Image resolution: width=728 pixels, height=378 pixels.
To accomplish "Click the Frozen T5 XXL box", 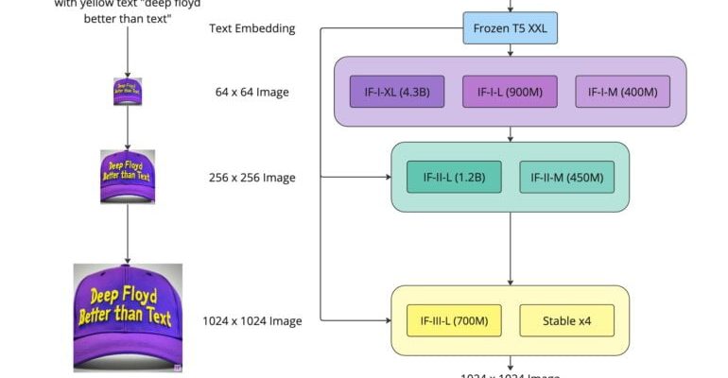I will (511, 28).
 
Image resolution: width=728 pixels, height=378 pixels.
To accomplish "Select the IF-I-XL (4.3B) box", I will (397, 92).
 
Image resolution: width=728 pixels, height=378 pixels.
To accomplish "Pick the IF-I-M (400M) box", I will (623, 92).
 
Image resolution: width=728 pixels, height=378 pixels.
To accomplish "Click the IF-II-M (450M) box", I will (567, 177).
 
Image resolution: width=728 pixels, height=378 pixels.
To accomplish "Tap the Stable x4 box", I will (567, 320).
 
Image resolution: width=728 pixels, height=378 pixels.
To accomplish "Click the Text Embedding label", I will (251, 28).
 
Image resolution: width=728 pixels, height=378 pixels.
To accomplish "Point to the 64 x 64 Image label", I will (251, 93).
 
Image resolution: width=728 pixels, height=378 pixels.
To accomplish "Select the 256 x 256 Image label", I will (251, 178).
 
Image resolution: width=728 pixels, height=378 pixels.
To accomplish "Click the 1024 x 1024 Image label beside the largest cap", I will (251, 321).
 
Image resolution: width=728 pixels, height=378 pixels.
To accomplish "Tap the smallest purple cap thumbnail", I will (128, 92).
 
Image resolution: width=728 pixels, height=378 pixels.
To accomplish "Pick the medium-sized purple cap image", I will (128, 177).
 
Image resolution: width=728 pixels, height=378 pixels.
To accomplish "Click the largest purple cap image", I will (128, 317).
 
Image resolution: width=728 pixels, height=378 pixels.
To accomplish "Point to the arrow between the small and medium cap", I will (128, 128).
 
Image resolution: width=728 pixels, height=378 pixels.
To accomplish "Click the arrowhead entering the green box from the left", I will (386, 177).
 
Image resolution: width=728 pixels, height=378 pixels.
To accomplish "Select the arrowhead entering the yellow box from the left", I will (386, 320).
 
